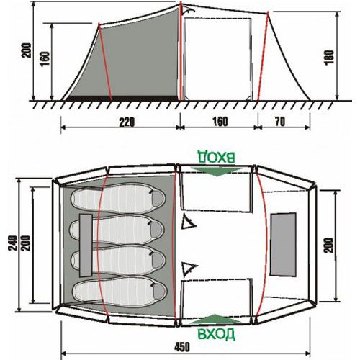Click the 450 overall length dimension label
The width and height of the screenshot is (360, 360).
(x=182, y=347)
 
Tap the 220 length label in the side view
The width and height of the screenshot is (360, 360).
(x=127, y=122)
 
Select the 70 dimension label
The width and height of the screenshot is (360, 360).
(x=280, y=122)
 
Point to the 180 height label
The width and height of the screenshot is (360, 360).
(x=330, y=57)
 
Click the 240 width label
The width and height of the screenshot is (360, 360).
(x=13, y=243)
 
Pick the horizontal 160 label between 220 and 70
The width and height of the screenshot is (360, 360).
(x=220, y=122)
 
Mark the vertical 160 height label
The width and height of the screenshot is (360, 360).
(x=45, y=59)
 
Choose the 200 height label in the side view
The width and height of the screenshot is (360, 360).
(x=27, y=50)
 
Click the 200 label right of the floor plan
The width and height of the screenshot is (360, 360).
(x=329, y=246)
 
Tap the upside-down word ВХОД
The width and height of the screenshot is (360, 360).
(x=216, y=157)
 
